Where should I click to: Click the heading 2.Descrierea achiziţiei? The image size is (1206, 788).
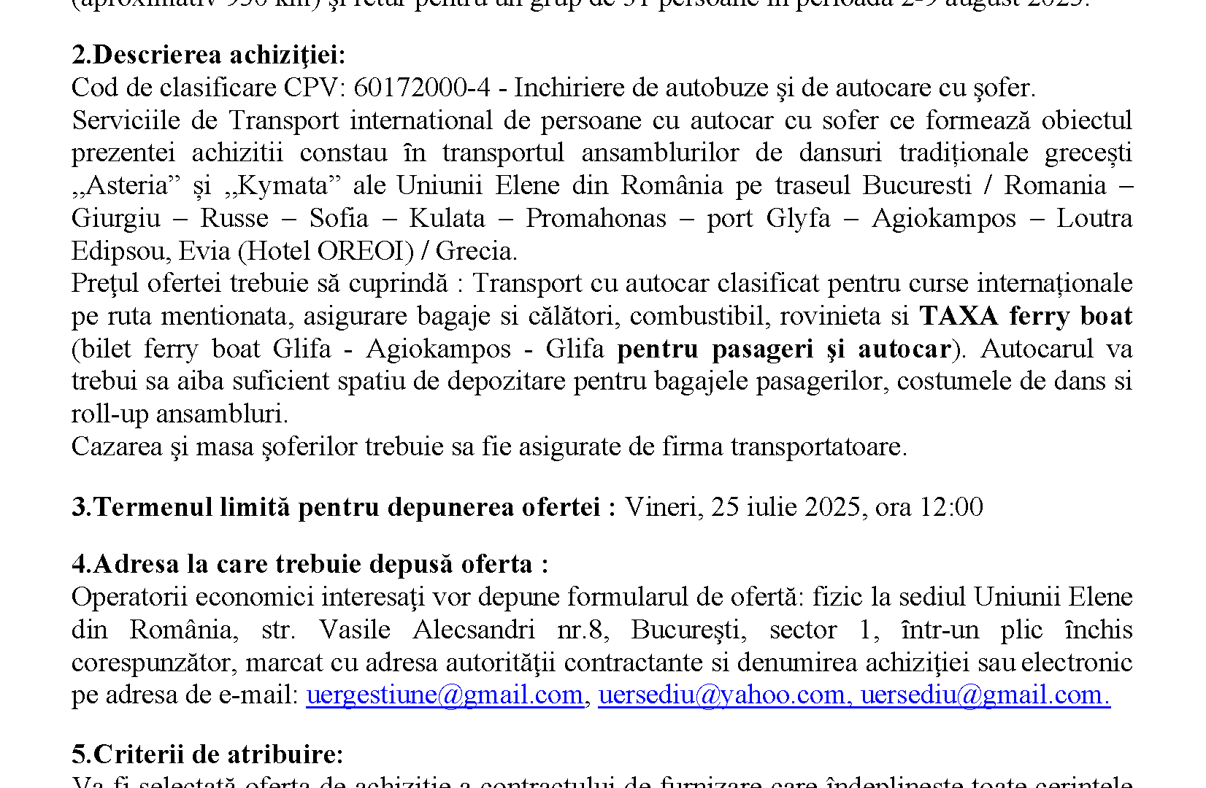209,55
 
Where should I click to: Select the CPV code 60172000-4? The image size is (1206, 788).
422,88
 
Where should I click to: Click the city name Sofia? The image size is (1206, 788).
339,219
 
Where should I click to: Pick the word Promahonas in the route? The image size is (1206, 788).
596,219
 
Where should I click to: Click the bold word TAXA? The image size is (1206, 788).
959,317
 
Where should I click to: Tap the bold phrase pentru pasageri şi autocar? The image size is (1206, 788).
784,349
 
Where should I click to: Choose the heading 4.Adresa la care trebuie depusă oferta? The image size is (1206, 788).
310,565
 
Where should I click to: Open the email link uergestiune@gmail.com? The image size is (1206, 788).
445,695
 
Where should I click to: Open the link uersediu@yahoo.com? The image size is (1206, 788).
721,695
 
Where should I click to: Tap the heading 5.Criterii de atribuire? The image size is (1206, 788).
207,754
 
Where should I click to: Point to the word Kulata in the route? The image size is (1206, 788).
447,219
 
